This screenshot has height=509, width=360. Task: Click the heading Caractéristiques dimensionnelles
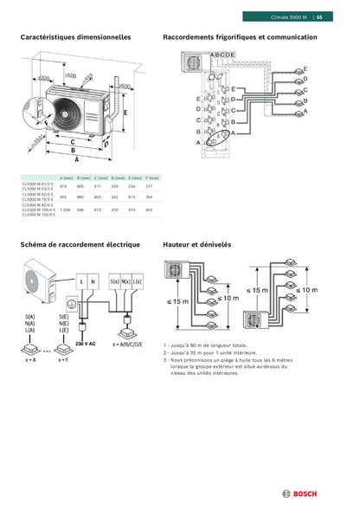[x=75, y=38]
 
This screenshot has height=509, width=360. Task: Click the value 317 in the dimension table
[x=149, y=186]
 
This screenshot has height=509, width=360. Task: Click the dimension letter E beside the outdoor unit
[x=125, y=113]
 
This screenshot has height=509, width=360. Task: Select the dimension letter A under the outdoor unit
[x=76, y=160]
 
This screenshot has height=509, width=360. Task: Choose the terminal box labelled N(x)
[x=126, y=282]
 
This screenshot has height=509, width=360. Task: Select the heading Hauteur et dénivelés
[x=196, y=245]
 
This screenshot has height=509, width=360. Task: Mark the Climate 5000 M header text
[x=288, y=16]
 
